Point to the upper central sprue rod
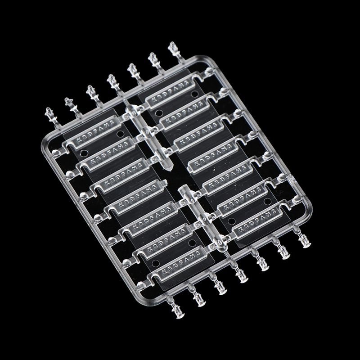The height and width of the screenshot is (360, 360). coord(149,137)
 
